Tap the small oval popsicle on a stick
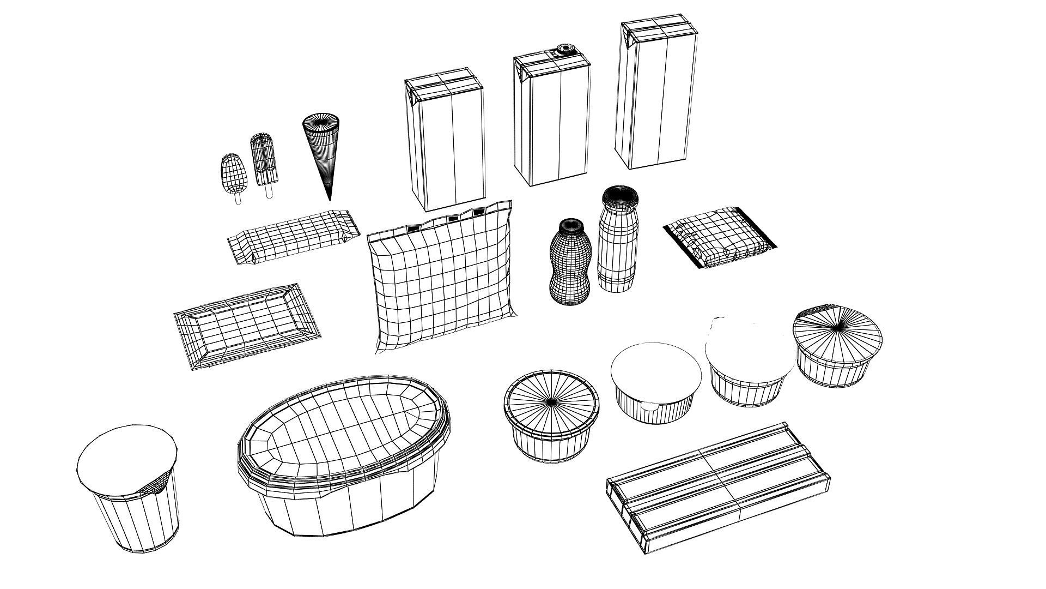234,173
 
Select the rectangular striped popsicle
264,158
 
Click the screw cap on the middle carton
563,51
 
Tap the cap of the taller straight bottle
618,195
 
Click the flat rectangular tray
246,326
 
